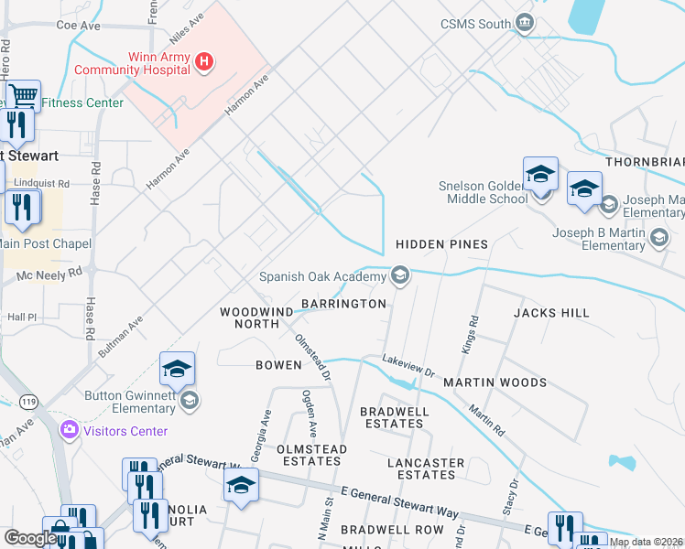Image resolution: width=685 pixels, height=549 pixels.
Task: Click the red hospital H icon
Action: coord(205,61)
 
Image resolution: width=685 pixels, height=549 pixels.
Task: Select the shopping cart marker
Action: coord(23,95)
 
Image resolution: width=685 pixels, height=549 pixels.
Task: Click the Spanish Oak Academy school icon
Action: coord(399,274)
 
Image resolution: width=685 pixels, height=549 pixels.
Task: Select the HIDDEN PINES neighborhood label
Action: coord(441,244)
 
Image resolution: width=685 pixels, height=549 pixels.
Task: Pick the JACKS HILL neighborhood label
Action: coord(551,313)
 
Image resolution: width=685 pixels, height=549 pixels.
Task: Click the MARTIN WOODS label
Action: coord(495,382)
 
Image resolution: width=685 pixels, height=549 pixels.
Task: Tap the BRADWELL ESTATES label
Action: coord(395,417)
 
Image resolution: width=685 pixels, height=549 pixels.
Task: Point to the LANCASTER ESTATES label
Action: coord(426,468)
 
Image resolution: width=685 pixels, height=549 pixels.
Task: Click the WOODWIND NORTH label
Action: coord(249,318)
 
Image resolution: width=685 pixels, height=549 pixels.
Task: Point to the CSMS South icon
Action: coord(525,23)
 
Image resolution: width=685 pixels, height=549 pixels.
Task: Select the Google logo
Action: coord(30,538)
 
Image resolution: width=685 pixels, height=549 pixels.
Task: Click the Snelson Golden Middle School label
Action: coord(483,191)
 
